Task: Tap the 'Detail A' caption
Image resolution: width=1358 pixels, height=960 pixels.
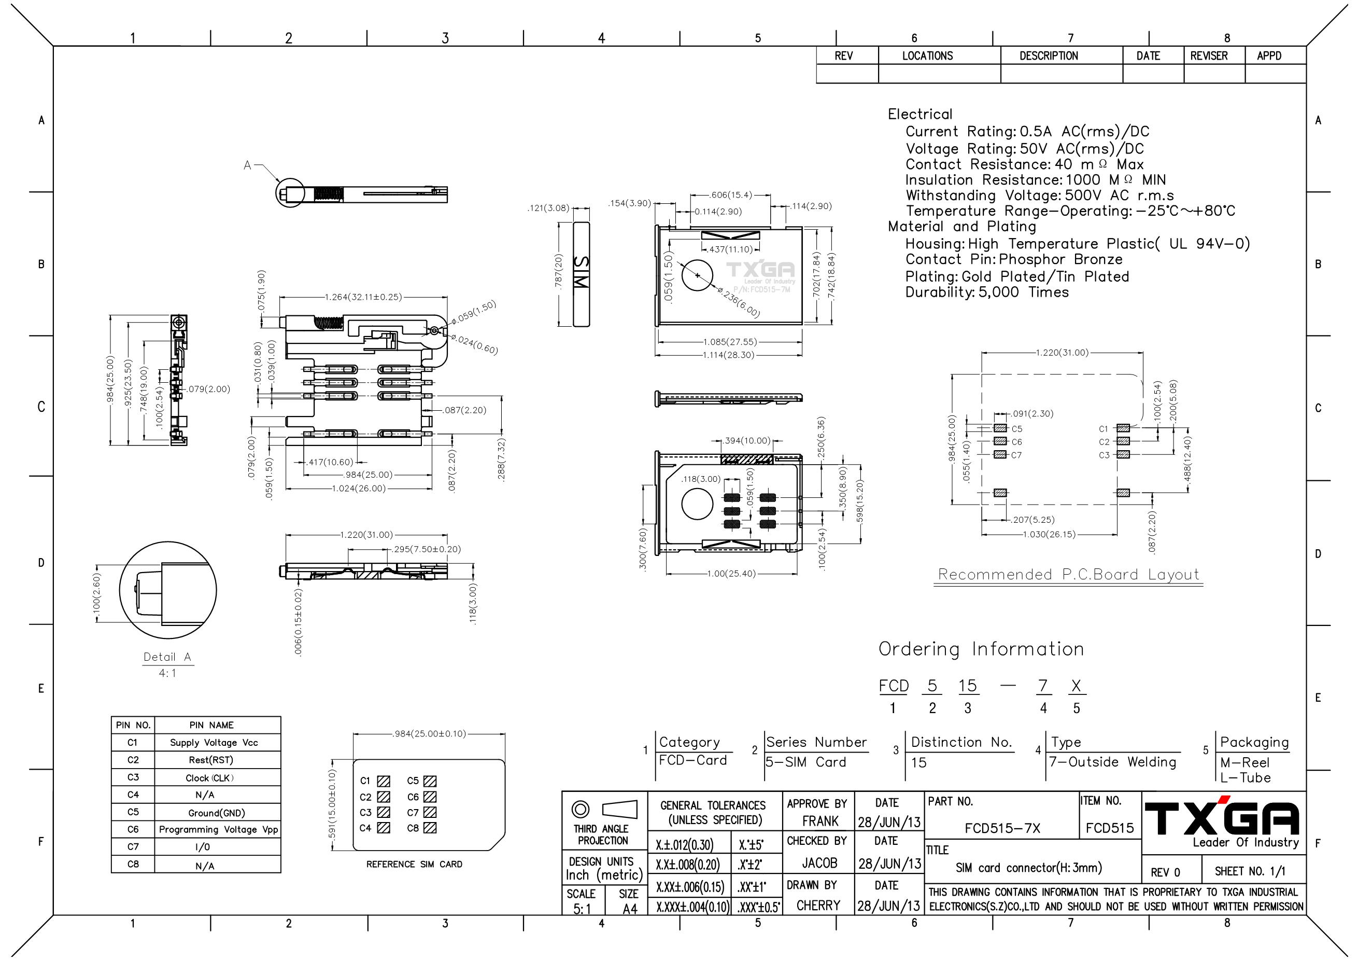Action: tap(167, 657)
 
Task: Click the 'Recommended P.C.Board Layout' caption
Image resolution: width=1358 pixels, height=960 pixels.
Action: tap(1069, 574)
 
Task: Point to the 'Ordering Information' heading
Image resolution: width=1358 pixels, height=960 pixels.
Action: tap(981, 649)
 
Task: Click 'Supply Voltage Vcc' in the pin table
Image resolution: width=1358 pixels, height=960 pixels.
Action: tap(214, 743)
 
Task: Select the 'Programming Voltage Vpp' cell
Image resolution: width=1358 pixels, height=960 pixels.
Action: tap(218, 830)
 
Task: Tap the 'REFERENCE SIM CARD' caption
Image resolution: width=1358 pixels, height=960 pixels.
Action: tap(414, 864)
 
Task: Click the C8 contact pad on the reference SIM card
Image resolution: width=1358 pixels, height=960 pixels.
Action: tap(430, 828)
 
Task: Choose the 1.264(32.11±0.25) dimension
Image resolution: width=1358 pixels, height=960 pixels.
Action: tap(363, 297)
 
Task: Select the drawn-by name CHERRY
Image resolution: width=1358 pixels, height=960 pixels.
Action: tap(818, 906)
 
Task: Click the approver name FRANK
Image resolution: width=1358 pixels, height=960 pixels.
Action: tap(821, 822)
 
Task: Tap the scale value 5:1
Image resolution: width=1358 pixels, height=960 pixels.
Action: tap(582, 909)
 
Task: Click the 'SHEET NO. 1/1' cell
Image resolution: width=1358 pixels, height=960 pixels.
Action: tap(1250, 872)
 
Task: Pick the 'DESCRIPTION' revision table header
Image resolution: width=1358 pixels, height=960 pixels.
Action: tap(1049, 56)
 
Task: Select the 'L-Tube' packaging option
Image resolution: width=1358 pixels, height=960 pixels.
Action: tap(1246, 778)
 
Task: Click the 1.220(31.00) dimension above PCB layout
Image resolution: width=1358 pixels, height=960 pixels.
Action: tap(1062, 353)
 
